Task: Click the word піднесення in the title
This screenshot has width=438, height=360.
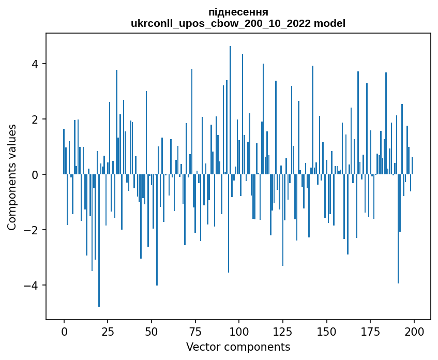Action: pos(238,12)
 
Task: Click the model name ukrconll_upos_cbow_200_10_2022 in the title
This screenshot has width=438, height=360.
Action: pos(222,24)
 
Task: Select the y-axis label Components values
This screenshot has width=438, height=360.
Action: pos(12,177)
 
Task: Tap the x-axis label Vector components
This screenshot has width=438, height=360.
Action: pos(238,347)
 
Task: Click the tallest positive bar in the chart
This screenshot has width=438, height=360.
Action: pos(230,103)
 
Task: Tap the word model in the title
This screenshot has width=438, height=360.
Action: pos(330,24)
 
